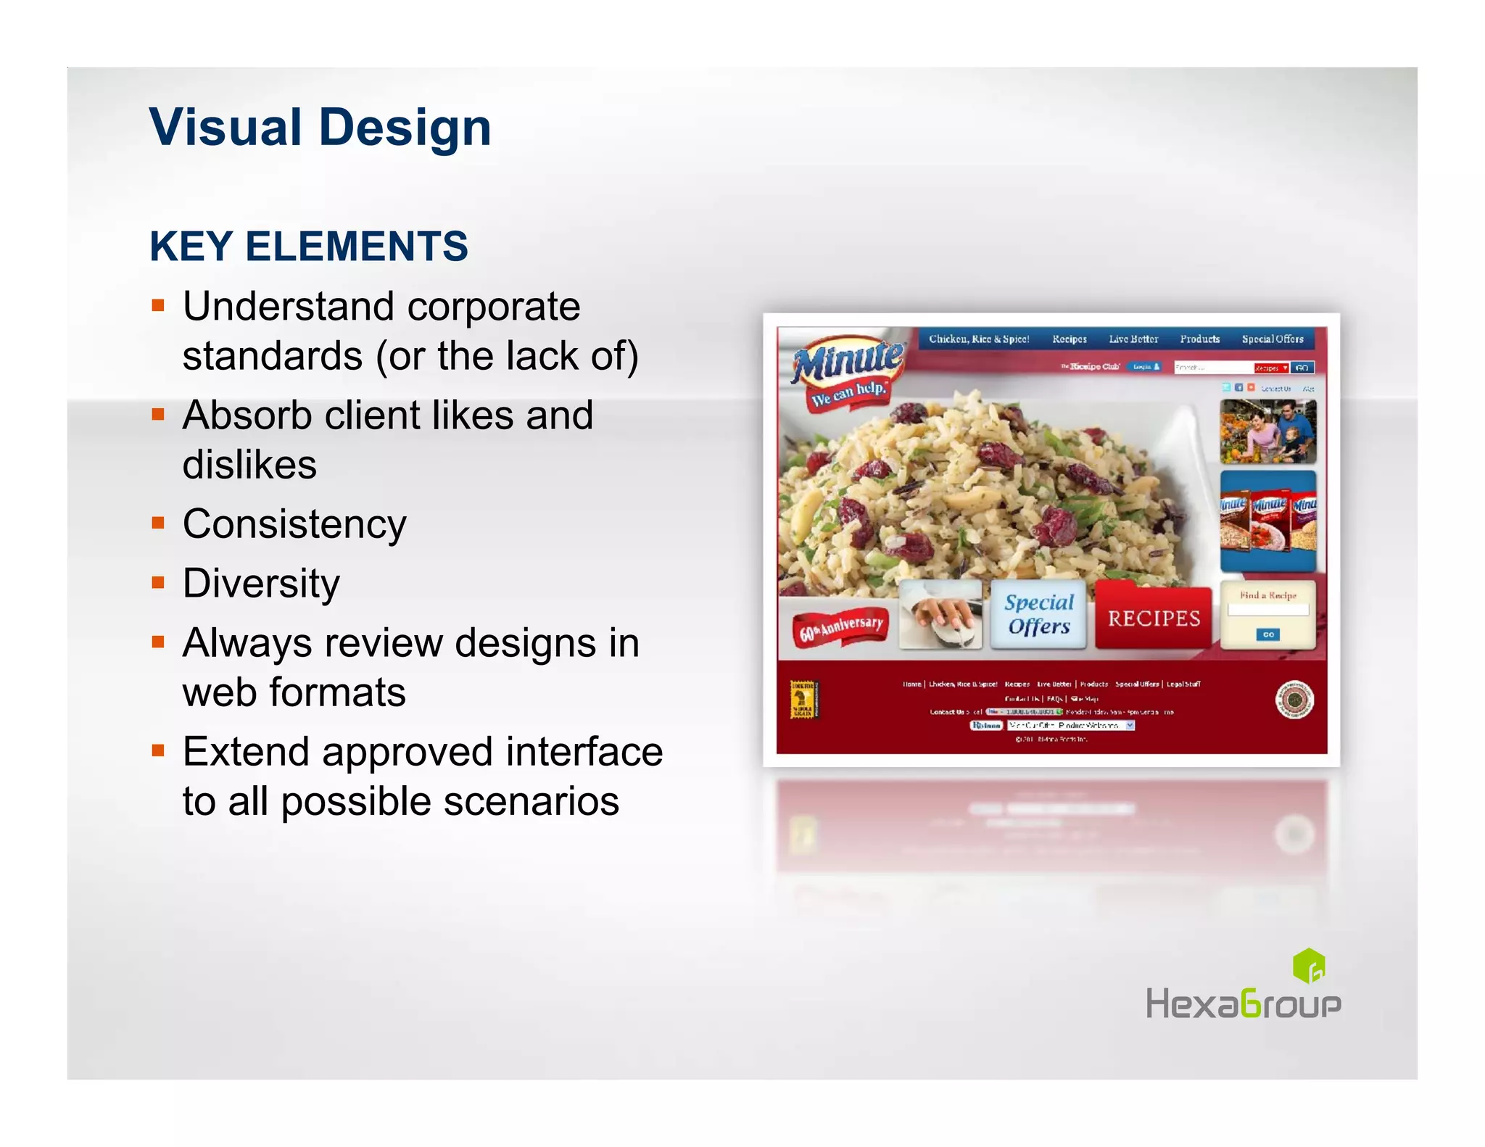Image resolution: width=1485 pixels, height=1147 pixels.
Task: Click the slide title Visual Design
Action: (320, 128)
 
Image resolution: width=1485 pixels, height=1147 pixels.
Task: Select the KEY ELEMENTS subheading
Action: (309, 247)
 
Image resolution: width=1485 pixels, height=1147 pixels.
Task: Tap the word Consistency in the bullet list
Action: (294, 524)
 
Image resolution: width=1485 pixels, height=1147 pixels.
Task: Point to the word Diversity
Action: (261, 584)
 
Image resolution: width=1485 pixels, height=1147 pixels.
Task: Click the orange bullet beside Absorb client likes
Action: (158, 414)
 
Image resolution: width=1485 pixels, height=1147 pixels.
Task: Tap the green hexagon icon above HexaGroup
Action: (1309, 965)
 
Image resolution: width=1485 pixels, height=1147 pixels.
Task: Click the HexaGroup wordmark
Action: (1243, 1004)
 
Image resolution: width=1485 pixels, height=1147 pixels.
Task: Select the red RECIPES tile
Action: (1153, 618)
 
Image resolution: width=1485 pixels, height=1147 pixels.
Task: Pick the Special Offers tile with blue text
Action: (1038, 614)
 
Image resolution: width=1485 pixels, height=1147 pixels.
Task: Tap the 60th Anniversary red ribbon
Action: (841, 626)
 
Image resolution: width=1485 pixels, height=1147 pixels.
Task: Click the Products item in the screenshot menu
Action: (1199, 339)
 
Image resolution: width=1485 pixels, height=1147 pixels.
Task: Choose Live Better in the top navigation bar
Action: (1133, 339)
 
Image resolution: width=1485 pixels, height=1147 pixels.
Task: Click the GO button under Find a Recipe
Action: (1268, 634)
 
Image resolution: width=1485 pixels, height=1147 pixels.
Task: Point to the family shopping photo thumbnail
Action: (1267, 431)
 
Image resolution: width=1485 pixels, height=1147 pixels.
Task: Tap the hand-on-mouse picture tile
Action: (940, 614)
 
